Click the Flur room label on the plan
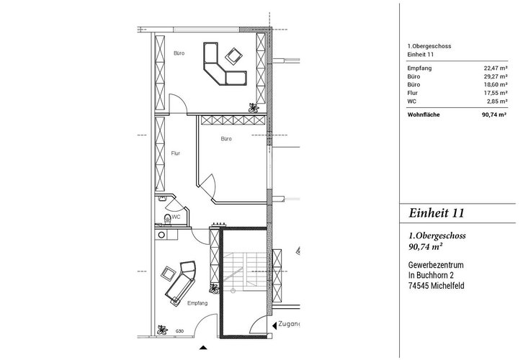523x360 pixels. coord(175,153)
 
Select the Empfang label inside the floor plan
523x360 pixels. coord(197,304)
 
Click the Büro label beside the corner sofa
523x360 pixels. coord(179,53)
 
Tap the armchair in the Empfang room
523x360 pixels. coord(168,274)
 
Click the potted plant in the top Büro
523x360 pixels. coord(253,107)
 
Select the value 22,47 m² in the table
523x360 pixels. coord(495,67)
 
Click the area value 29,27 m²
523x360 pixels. coord(495,76)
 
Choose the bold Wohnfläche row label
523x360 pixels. coord(423,114)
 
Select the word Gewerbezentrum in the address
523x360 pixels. coord(435,264)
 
